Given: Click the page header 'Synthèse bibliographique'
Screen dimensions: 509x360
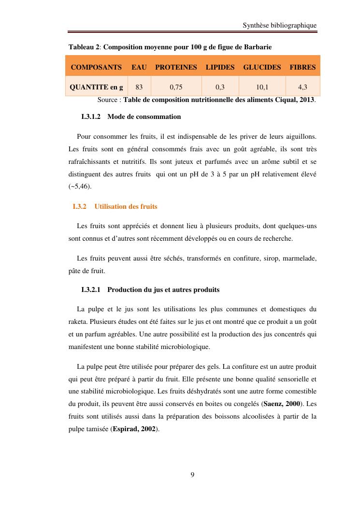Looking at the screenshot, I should click(x=280, y=25).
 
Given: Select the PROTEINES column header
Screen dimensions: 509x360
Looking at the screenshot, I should click(x=176, y=67).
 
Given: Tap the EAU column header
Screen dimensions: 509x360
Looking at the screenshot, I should click(x=139, y=67).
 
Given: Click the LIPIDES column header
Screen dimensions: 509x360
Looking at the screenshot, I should click(x=220, y=67).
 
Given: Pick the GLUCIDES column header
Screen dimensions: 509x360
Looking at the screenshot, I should click(x=262, y=67).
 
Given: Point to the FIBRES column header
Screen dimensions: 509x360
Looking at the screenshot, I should click(x=302, y=67).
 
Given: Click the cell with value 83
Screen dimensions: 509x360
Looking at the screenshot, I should click(x=139, y=87).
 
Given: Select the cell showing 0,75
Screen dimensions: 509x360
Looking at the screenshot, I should click(x=176, y=87).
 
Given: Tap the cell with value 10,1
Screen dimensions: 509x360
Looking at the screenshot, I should click(x=262, y=87).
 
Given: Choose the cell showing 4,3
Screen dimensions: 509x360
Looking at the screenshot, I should click(x=302, y=87).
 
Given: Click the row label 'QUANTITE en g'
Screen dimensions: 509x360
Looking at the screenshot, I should click(x=96, y=87).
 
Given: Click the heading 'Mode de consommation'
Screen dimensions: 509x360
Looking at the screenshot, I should click(x=144, y=116).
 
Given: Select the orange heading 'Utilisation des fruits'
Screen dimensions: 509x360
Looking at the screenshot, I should click(x=126, y=206).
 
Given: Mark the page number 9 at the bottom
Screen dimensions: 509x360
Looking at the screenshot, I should click(x=192, y=475).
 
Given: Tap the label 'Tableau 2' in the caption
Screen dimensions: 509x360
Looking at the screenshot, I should click(x=84, y=47).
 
